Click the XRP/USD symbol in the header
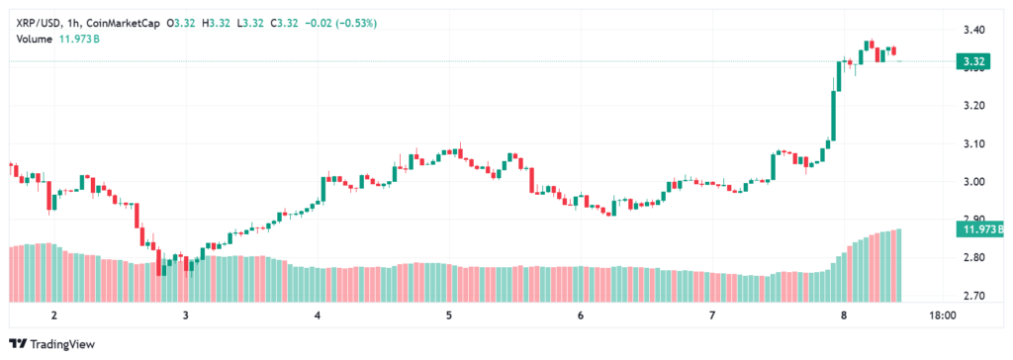(40, 24)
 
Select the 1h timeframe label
(73, 24)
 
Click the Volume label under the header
(35, 39)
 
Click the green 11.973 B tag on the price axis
(979, 228)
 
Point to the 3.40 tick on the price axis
(973, 30)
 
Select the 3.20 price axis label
(973, 106)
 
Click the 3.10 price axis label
(973, 143)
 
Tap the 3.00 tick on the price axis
(973, 182)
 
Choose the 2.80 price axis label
(973, 258)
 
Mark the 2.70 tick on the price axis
(973, 296)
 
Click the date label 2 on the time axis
(54, 316)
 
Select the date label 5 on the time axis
(448, 316)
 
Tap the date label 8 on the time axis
(844, 316)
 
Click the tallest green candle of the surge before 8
(833, 115)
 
